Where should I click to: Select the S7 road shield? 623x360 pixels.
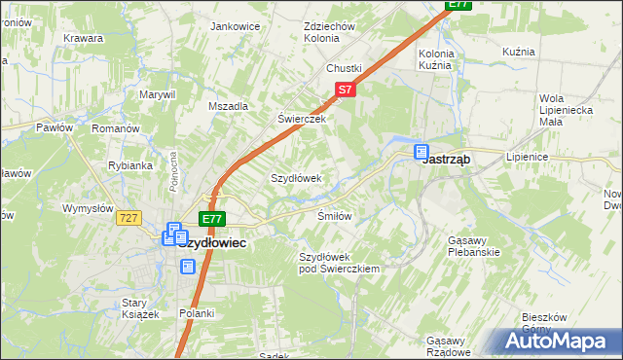pos(345,90)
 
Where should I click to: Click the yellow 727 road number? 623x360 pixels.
pos(128,219)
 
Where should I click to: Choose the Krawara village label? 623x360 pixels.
pos(84,39)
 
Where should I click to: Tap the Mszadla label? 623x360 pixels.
pos(229,106)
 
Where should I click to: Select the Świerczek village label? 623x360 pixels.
pos(301,119)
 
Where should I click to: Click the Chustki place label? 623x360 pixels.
pos(344,68)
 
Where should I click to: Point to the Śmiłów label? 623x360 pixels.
pos(334,215)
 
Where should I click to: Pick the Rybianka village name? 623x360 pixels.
pos(130,165)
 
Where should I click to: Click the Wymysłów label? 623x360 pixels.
pos(90,208)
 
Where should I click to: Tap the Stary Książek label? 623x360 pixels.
pos(134,308)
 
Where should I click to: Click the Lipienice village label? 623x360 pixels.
pos(528,157)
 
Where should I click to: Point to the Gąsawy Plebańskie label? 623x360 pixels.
pos(473,246)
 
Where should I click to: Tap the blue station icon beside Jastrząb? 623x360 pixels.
pos(421,153)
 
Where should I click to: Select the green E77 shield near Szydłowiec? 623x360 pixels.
pos(211,220)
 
